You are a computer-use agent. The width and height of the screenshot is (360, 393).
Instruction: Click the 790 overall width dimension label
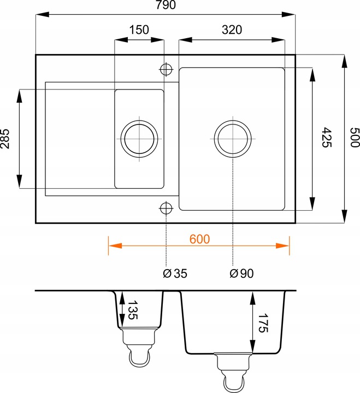[x=166, y=5]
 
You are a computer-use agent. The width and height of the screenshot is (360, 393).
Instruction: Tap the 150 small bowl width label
[x=139, y=30]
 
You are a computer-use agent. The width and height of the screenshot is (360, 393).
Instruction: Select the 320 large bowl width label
[x=232, y=30]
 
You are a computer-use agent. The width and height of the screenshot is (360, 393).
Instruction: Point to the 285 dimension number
[x=5, y=139]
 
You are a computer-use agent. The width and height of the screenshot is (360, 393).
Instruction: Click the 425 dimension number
[x=326, y=138]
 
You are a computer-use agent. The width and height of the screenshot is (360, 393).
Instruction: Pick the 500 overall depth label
[x=355, y=138]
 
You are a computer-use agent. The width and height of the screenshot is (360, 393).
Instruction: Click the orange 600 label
[x=199, y=239]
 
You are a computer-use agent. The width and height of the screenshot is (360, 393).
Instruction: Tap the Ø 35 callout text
[x=175, y=273]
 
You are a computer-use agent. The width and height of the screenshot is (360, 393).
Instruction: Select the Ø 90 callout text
[x=241, y=273]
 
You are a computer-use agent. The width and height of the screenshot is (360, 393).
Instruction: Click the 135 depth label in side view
[x=133, y=310]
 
